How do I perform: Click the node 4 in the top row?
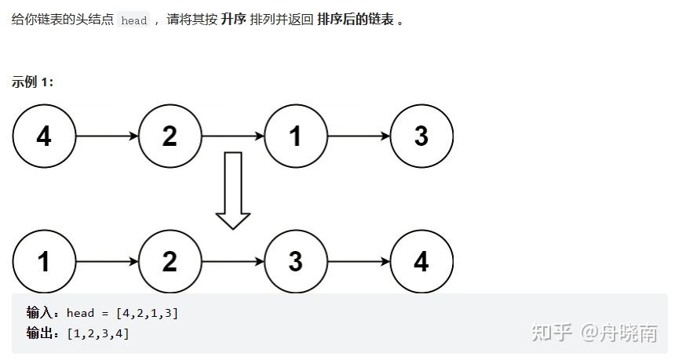pyautogui.click(x=44, y=136)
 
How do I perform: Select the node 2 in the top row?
pyautogui.click(x=170, y=136)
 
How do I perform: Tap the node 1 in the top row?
pyautogui.click(x=295, y=136)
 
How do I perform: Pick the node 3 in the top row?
pyautogui.click(x=421, y=136)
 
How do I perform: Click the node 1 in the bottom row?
pyautogui.click(x=44, y=261)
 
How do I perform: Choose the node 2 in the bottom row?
pyautogui.click(x=170, y=261)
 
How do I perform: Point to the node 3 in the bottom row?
pyautogui.click(x=295, y=261)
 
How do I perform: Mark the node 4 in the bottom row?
pyautogui.click(x=421, y=261)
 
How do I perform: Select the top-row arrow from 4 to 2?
pyautogui.click(x=107, y=136)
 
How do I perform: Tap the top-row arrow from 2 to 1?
pyautogui.click(x=232, y=136)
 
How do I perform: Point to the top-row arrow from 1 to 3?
pyautogui.click(x=358, y=136)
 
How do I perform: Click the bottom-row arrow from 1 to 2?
pyautogui.click(x=107, y=261)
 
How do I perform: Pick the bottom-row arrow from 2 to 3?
pyautogui.click(x=232, y=261)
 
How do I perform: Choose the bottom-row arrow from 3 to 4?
pyautogui.click(x=358, y=261)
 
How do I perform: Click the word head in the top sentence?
pyautogui.click(x=134, y=21)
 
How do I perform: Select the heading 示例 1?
pyautogui.click(x=33, y=82)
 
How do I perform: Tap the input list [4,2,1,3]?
pyautogui.click(x=147, y=314)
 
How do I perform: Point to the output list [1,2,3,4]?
pyautogui.click(x=98, y=334)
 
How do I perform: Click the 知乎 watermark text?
pyautogui.click(x=551, y=333)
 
